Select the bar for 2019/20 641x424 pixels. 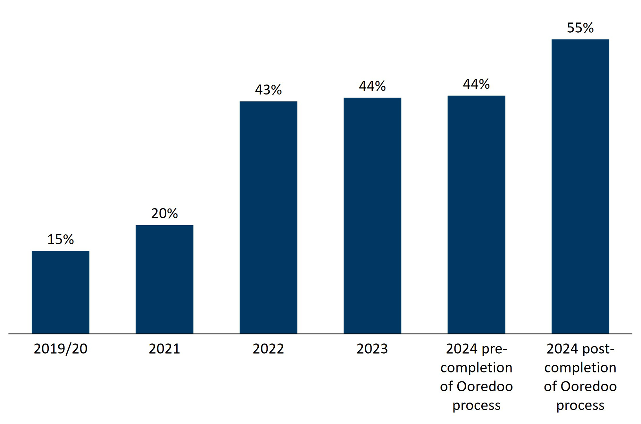tap(60, 292)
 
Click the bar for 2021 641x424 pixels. tap(164, 279)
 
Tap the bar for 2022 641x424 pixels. tap(268, 217)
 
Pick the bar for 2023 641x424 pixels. tap(372, 216)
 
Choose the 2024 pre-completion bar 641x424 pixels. tap(476, 215)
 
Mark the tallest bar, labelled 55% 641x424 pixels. tap(580, 186)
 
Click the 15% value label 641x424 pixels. tap(60, 240)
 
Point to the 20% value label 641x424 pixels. tap(164, 214)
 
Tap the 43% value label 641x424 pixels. tap(268, 90)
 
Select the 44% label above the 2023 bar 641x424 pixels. tap(372, 86)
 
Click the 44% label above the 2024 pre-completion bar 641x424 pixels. tap(476, 84)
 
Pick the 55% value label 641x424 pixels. tap(580, 28)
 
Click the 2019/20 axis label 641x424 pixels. tap(60, 349)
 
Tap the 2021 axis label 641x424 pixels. tap(164, 349)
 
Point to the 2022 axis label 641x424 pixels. tap(268, 349)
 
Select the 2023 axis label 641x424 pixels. tap(372, 349)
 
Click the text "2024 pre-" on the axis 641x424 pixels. tap(476, 349)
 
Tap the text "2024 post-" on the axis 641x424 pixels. tap(580, 349)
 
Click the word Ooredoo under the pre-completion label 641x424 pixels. tap(485, 387)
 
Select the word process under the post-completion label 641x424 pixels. tap(580, 406)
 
